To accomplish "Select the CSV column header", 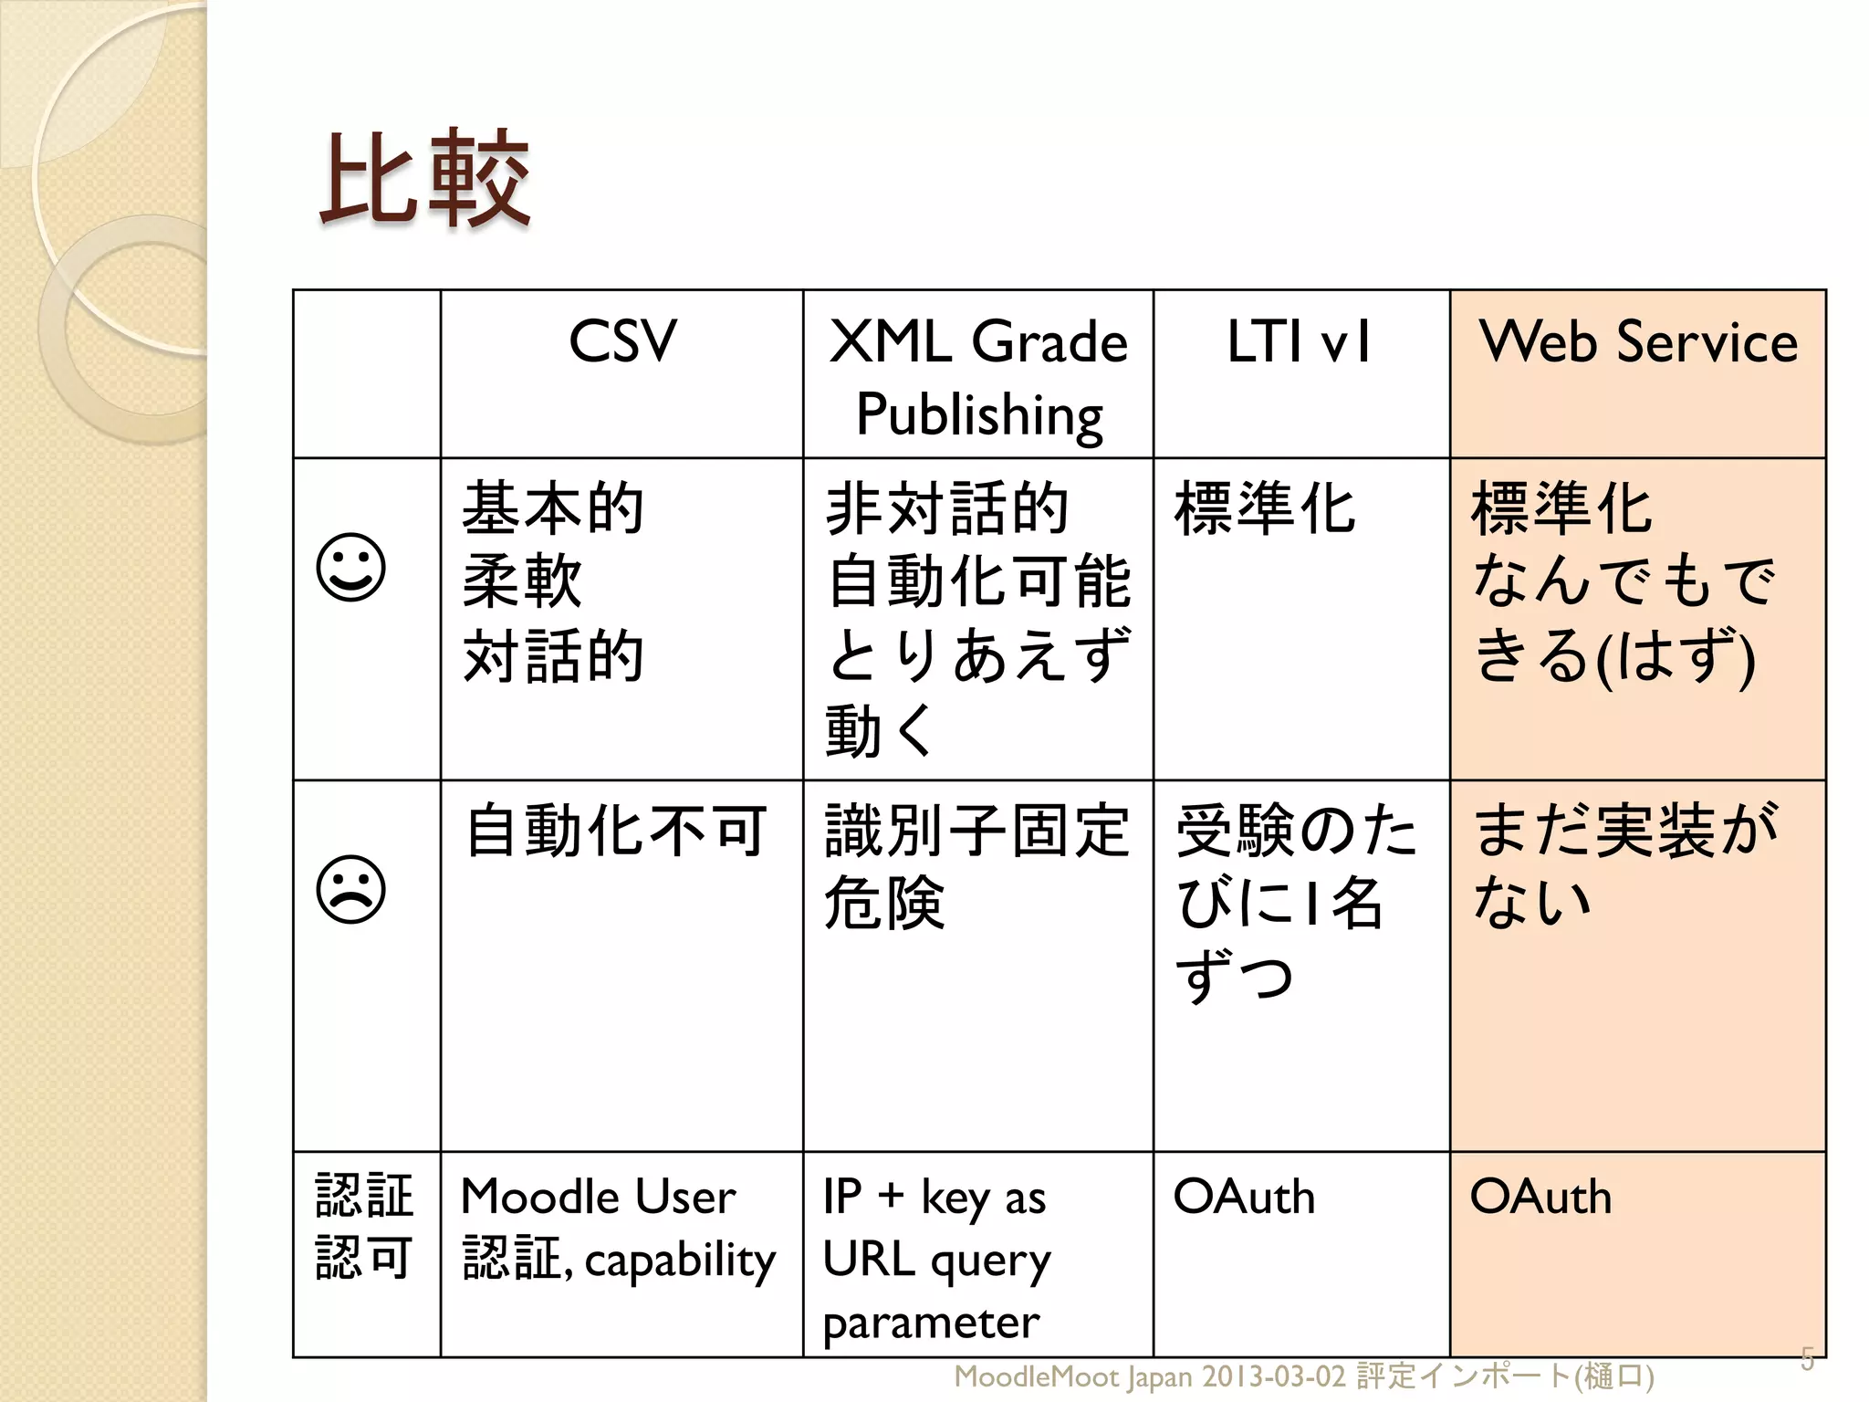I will coord(622,341).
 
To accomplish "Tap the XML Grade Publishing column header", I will coord(978,376).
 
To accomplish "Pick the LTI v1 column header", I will coord(1299,341).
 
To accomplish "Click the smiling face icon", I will coord(351,568).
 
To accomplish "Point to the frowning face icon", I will coord(351,890).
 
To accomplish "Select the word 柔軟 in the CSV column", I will coord(522,581).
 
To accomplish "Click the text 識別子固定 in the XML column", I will coord(976,831).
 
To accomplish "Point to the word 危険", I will coord(883,903).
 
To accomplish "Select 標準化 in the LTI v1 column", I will coord(1265,508).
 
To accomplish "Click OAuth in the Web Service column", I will coord(1540,1197).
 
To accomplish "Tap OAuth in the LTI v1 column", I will coord(1244,1197).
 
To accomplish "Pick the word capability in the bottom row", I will coord(680,1261).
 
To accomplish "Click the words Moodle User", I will coord(598,1197).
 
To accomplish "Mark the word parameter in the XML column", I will coord(931,1323).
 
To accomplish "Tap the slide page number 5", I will coord(1807,1358).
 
